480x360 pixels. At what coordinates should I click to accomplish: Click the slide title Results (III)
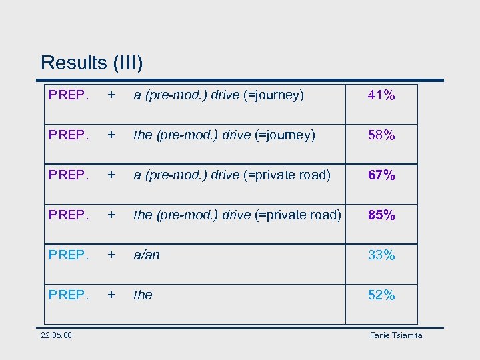pos(91,63)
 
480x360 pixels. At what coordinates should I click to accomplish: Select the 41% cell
pos(381,95)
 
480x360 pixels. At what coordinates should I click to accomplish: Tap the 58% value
pos(381,135)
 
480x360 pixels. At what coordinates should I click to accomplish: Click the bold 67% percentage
pos(381,175)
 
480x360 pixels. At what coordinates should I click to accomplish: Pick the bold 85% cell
pos(381,215)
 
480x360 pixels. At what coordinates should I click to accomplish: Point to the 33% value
pos(381,255)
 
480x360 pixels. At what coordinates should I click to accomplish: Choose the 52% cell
pos(381,295)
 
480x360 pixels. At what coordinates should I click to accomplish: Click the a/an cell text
pos(147,255)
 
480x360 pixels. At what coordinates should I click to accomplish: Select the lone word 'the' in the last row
pos(143,295)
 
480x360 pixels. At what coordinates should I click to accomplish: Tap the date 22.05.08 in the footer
pos(56,335)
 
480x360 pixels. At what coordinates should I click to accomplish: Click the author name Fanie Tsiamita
pos(396,335)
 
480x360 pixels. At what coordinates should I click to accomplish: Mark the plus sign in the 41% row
pos(113,95)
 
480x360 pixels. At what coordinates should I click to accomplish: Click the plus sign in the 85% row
pos(113,215)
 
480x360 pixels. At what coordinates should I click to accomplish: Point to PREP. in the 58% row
pos(69,135)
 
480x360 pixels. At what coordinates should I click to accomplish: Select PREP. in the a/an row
pos(69,255)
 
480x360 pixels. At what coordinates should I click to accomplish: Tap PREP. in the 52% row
pos(69,295)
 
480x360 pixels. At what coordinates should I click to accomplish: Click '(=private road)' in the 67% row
pos(293,175)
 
